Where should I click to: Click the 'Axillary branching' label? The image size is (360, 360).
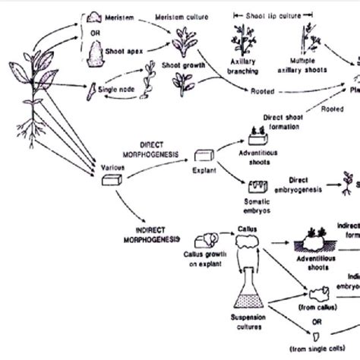[x=243, y=69]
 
